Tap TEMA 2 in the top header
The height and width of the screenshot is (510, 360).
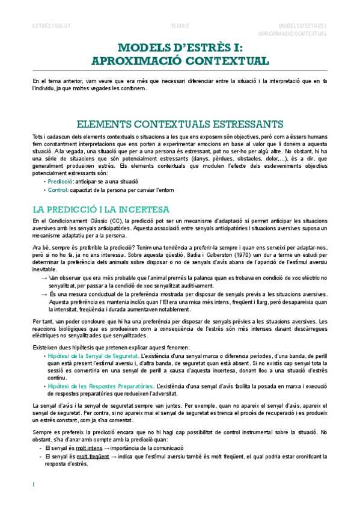click(180, 26)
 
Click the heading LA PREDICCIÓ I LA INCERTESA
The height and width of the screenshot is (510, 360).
click(100, 209)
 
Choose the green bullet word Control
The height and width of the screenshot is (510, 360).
click(58, 189)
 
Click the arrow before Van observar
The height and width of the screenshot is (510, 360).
click(44, 278)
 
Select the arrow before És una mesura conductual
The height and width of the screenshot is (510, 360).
click(44, 294)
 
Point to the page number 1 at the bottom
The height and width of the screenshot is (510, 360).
click(34, 484)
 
